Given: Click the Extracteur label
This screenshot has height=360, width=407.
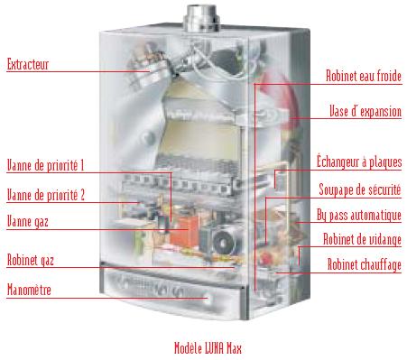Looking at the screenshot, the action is [27, 64].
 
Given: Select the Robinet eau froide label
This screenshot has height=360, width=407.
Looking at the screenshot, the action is [364, 76].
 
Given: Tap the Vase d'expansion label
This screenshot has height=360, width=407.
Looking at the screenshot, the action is [365, 111].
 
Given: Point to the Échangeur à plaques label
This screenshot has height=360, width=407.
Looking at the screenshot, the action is [359, 162].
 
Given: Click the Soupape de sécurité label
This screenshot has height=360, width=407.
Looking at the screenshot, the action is [360, 189].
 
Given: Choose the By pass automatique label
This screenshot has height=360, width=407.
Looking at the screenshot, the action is [359, 216].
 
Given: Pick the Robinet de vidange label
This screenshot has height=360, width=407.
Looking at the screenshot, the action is [362, 240].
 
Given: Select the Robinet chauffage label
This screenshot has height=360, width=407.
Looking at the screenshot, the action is [365, 265].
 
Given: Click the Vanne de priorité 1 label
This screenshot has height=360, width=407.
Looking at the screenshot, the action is [45, 165].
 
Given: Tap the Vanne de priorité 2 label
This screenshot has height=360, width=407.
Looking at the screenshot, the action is [46, 195].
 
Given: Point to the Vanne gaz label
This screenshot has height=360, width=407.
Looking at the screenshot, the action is [28, 222].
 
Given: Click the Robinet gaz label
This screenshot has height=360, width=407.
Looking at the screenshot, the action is [31, 261].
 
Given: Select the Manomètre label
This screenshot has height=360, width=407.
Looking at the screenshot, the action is [29, 290].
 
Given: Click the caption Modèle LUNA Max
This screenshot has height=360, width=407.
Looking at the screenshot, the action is [208, 348].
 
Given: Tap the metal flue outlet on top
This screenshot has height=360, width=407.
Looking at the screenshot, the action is [201, 18].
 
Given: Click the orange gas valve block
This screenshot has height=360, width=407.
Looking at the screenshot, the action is [184, 231].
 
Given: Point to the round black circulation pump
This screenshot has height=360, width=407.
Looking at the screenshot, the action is [222, 242].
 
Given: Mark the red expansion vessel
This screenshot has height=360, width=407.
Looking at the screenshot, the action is [278, 97].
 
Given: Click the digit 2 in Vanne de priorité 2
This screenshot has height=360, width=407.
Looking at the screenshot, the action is [82, 195].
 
